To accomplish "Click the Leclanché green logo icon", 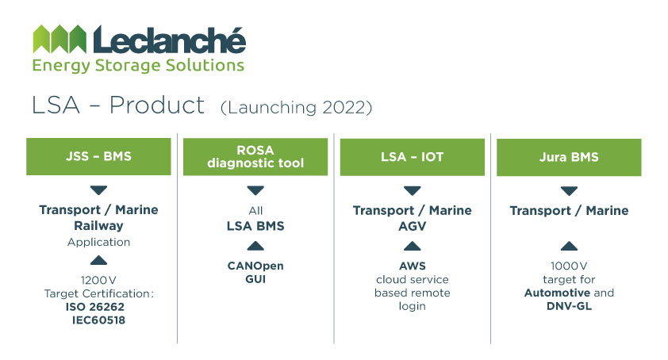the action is pyautogui.click(x=60, y=39).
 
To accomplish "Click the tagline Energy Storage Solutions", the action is pyautogui.click(x=138, y=66).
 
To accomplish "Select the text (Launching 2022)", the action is pyautogui.click(x=296, y=107).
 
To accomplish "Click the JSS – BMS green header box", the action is pyautogui.click(x=98, y=156).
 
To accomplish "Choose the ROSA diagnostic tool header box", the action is pyautogui.click(x=255, y=156).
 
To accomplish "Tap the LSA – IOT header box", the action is pyautogui.click(x=412, y=157).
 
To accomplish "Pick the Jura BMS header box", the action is pyautogui.click(x=569, y=157).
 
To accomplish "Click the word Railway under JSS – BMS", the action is pyautogui.click(x=98, y=226).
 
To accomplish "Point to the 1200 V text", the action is pyautogui.click(x=98, y=280).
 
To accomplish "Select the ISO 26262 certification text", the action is pyautogui.click(x=95, y=307).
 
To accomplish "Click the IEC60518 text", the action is pyautogui.click(x=98, y=320).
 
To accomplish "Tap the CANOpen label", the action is pyautogui.click(x=255, y=266).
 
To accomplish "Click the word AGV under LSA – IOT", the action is pyautogui.click(x=412, y=226).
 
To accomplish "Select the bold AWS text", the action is pyautogui.click(x=412, y=266).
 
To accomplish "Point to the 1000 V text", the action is pyautogui.click(x=569, y=266).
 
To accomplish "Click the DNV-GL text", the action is pyautogui.click(x=569, y=306).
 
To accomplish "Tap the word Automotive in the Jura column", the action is pyautogui.click(x=557, y=293).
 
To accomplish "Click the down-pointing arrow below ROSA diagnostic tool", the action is pyautogui.click(x=255, y=190).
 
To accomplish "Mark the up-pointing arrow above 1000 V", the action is pyautogui.click(x=569, y=246).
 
